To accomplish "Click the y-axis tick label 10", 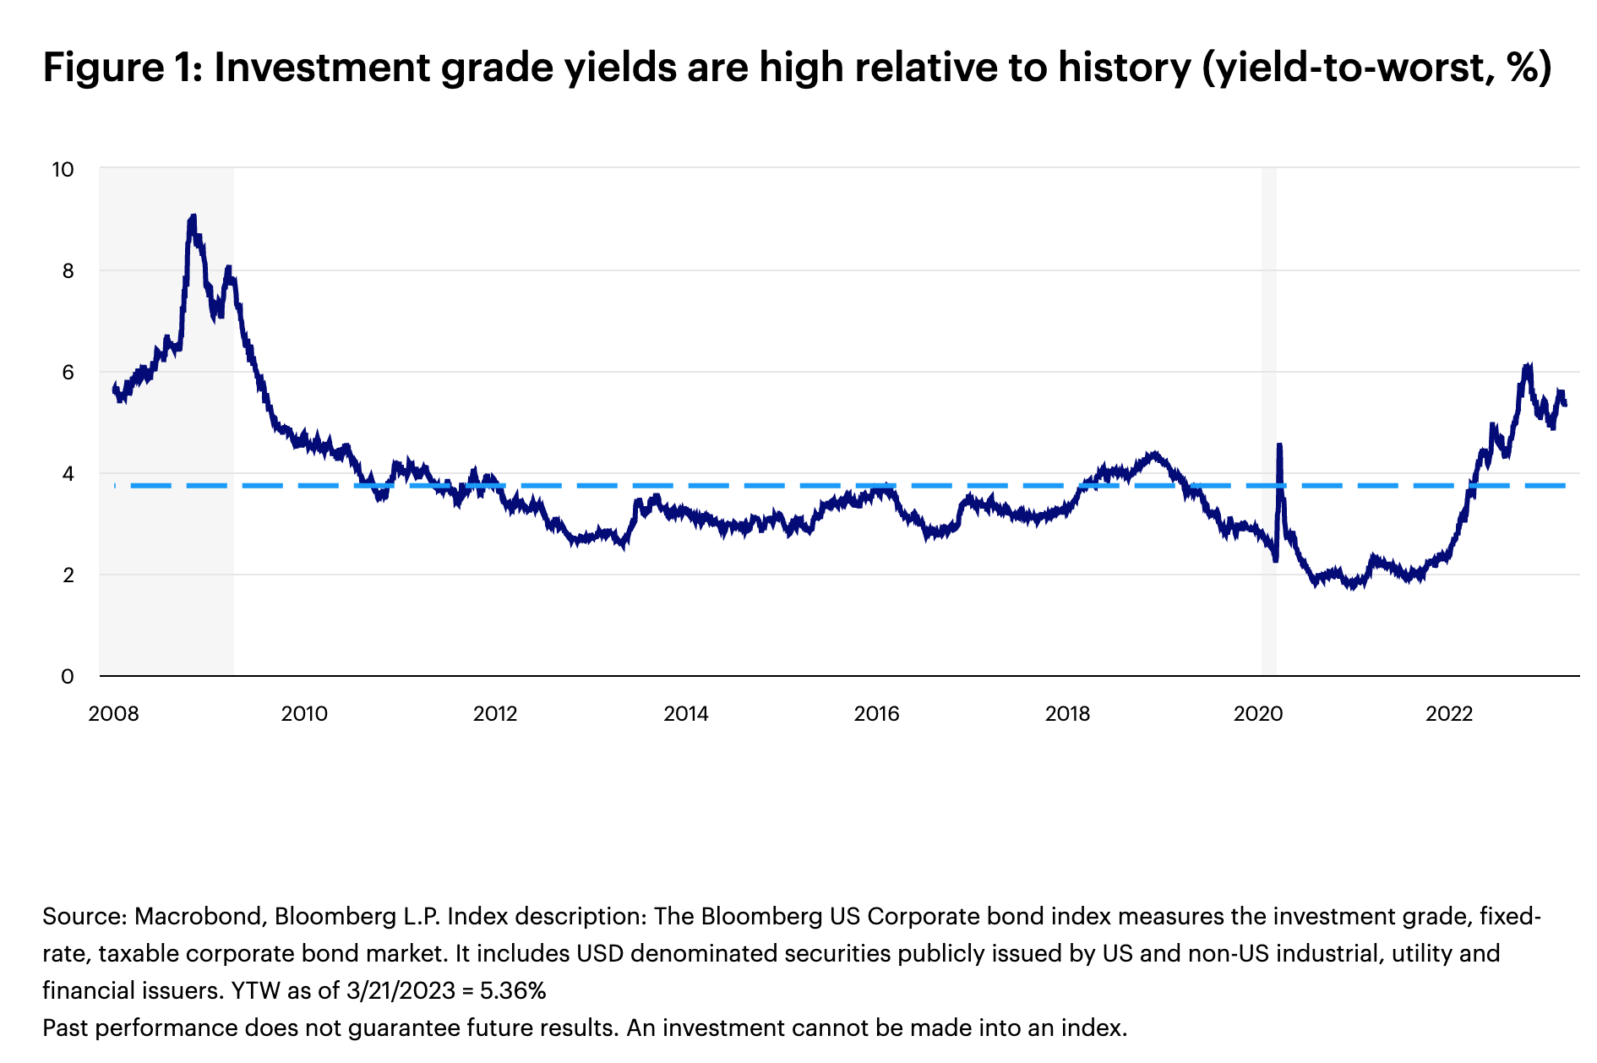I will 63,169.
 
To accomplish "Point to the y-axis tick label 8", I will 68,270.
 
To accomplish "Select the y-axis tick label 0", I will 68,676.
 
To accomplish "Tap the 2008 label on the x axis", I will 113,714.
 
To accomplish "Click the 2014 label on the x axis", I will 685,714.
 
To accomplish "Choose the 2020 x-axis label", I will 1257,714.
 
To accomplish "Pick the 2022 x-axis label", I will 1449,714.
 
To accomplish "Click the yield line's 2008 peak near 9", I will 193,218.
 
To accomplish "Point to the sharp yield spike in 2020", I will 1279,445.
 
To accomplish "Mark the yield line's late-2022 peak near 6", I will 1527,367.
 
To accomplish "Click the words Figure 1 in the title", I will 122,68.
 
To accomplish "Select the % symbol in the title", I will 1523,68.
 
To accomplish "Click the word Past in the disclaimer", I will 66,1028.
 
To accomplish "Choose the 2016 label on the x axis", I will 876,714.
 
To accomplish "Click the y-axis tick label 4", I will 68,473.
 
